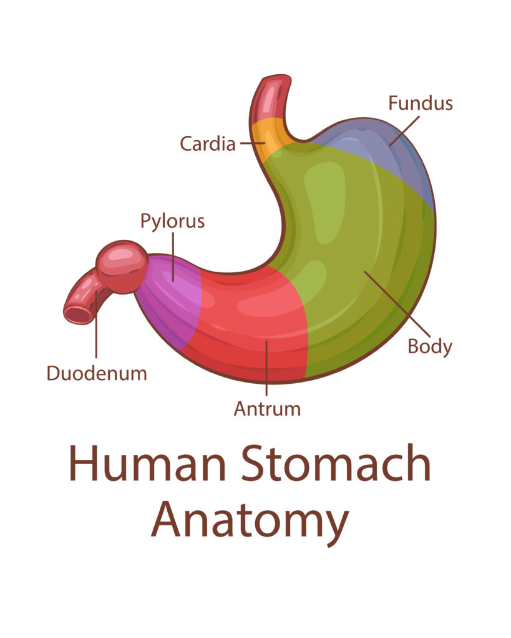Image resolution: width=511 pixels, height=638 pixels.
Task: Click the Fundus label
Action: [x=420, y=103]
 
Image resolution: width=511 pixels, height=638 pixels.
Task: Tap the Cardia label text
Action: [x=208, y=144]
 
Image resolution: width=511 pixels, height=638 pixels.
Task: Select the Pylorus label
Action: [x=172, y=221]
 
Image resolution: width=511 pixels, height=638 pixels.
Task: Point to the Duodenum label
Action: [x=97, y=373]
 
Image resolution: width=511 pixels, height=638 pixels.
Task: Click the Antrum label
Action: [x=267, y=409]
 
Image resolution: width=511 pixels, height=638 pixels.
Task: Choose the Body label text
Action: [x=430, y=346]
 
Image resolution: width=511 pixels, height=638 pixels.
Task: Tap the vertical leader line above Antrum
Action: [x=266, y=371]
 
